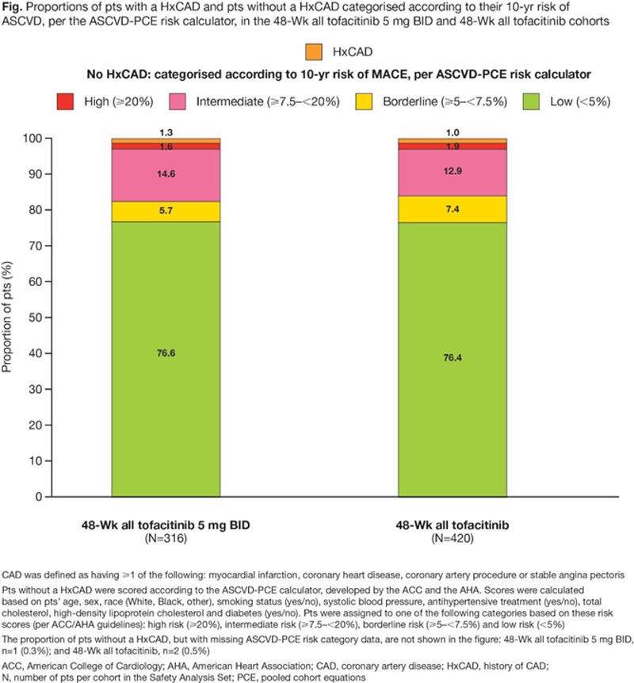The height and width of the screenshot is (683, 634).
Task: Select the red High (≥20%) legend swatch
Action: pyautogui.click(x=68, y=101)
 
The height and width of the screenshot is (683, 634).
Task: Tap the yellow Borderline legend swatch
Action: pyautogui.click(x=366, y=101)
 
